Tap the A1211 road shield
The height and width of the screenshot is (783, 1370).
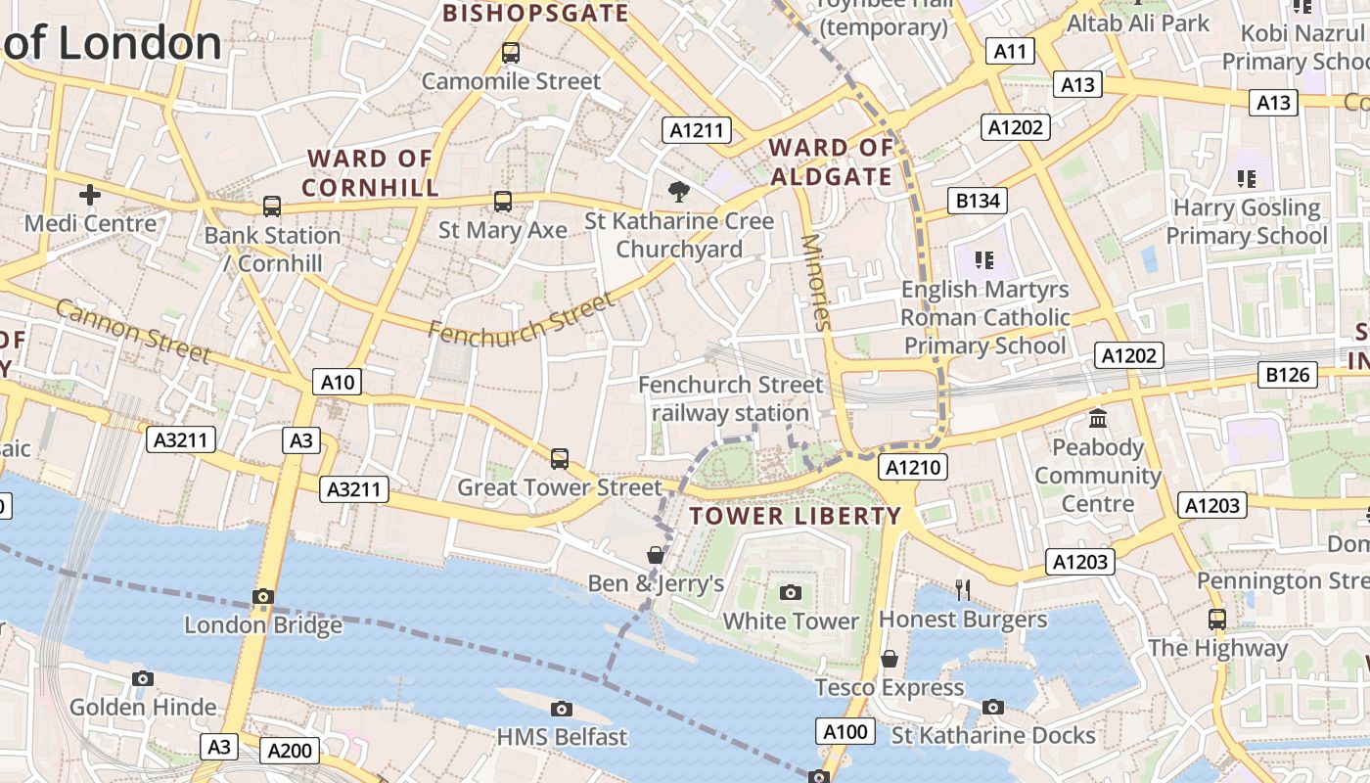click(697, 130)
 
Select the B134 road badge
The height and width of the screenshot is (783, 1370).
click(978, 202)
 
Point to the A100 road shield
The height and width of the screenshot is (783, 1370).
click(845, 731)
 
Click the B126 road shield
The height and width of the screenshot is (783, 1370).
click(1287, 374)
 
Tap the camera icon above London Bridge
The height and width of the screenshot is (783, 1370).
click(262, 596)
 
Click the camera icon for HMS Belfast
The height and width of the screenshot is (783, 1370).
click(562, 708)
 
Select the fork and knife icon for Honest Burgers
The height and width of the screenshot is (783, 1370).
click(963, 588)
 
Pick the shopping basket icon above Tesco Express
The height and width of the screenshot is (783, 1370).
click(890, 659)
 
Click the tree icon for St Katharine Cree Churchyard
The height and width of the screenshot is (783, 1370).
click(677, 191)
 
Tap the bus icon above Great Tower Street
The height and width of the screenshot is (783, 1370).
click(559, 458)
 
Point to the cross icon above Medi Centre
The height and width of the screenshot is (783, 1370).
click(90, 195)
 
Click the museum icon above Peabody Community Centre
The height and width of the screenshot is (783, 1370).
click(1098, 419)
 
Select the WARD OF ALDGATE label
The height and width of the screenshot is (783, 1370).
click(831, 162)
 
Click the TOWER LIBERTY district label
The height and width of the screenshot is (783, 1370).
click(796, 516)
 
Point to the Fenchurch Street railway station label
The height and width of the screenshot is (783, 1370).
click(731, 398)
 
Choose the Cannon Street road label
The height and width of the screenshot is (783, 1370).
click(132, 331)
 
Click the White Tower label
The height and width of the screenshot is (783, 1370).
click(791, 622)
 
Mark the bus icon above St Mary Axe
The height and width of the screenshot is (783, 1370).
click(502, 202)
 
